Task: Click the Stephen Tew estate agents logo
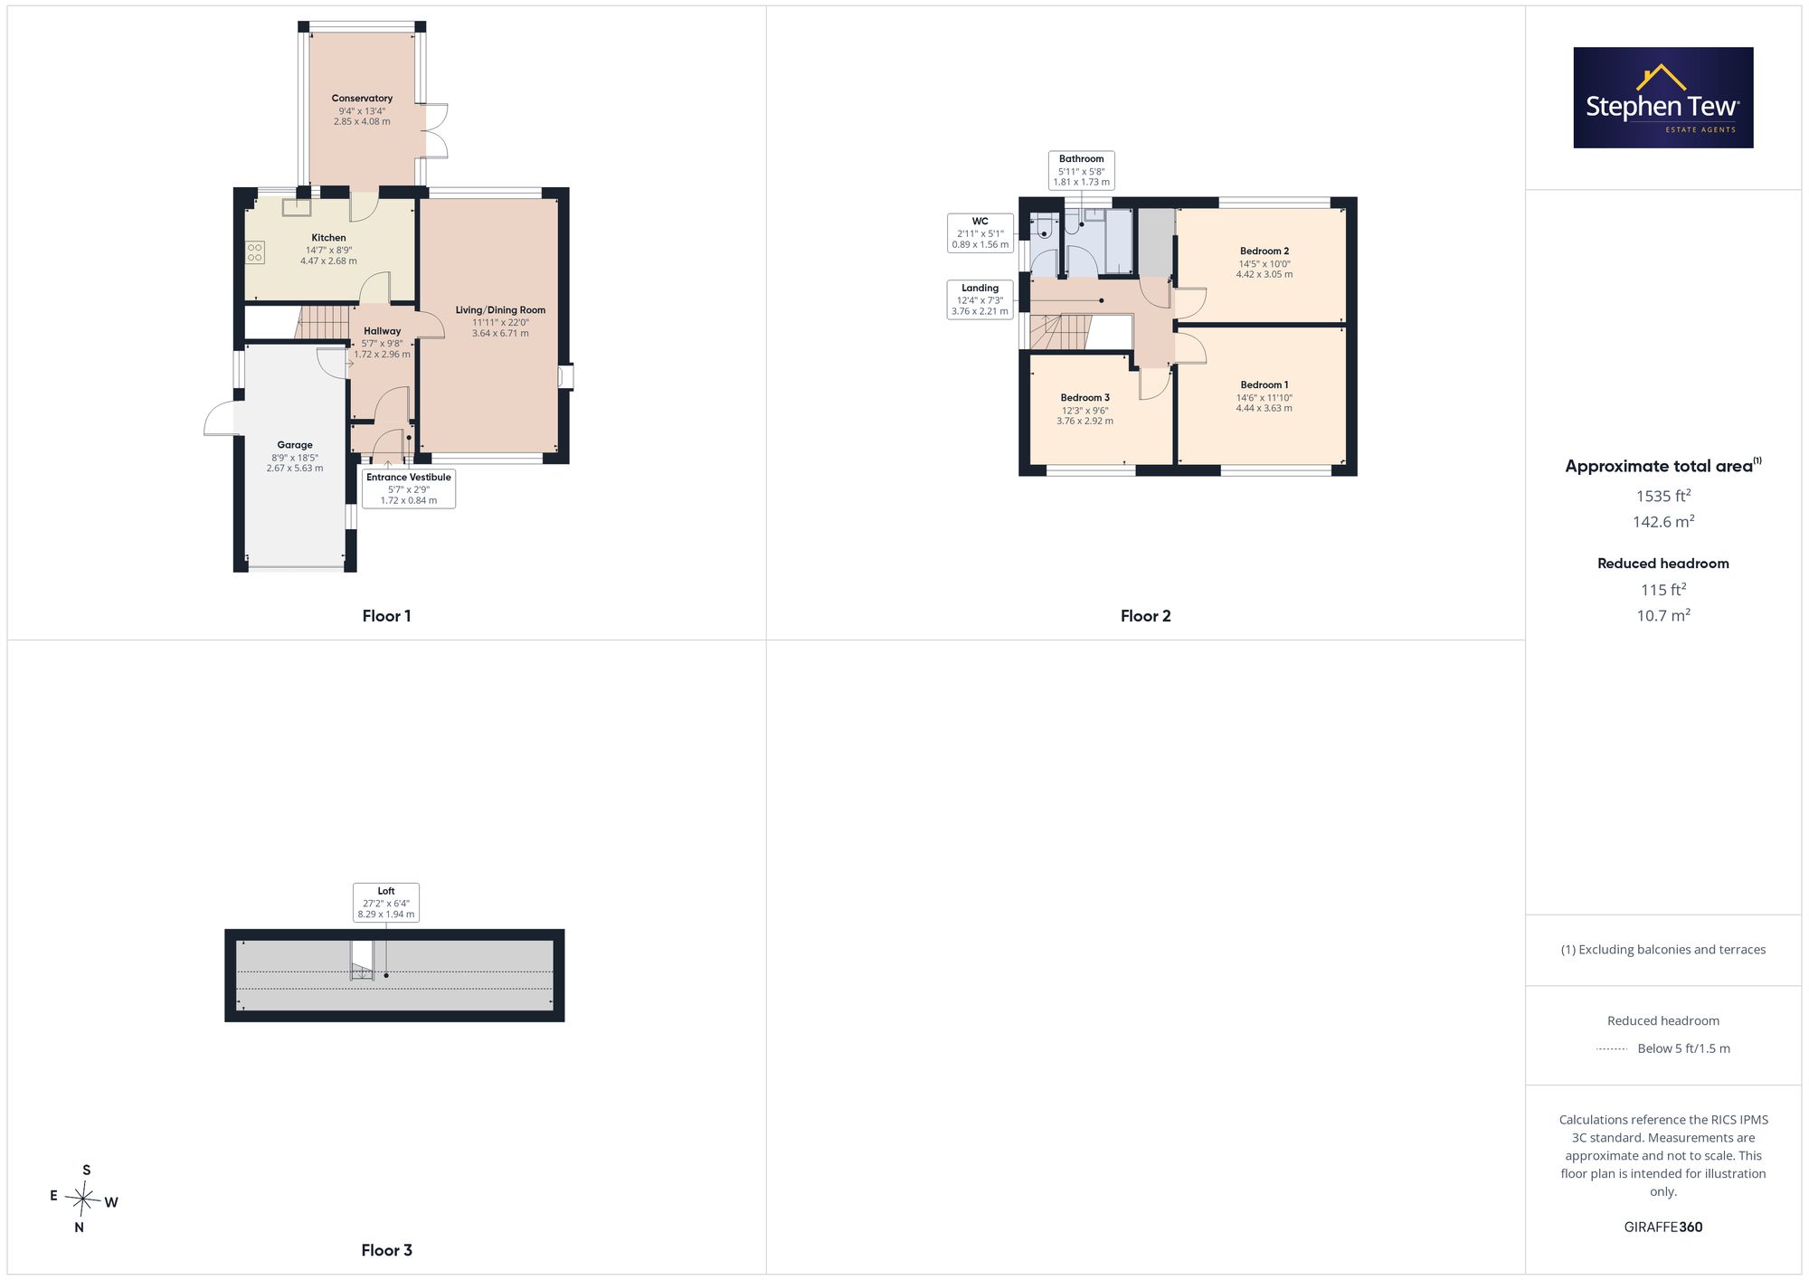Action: point(1662,98)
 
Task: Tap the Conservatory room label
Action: point(362,99)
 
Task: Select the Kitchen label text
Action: point(328,238)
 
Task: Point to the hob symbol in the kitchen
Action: point(255,252)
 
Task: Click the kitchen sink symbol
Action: point(296,207)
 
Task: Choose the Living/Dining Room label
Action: point(500,310)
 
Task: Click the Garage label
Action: point(295,445)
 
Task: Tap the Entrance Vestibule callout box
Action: point(409,488)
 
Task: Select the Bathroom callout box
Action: point(1082,170)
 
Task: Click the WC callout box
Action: point(980,232)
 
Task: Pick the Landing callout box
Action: point(980,299)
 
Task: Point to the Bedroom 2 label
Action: point(1264,251)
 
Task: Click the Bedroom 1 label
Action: point(1264,385)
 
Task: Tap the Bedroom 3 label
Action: point(1085,398)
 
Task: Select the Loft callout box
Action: point(386,903)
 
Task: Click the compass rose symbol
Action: point(83,1199)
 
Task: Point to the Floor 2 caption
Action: point(1146,616)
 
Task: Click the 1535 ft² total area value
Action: point(1663,496)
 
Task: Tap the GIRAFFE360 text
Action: point(1663,1228)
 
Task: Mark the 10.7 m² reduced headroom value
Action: point(1663,615)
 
